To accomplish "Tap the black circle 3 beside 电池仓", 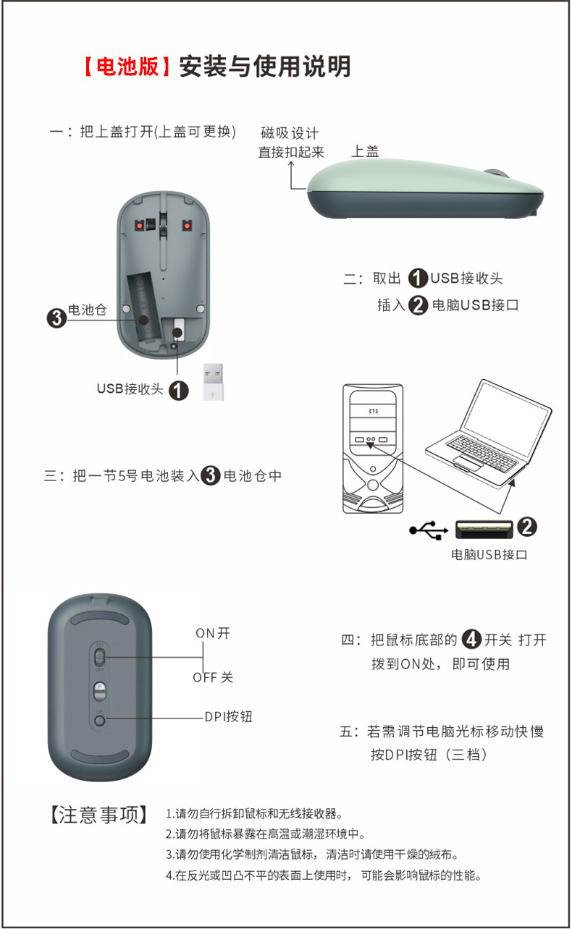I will click(x=56, y=318).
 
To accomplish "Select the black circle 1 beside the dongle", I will click(x=178, y=391).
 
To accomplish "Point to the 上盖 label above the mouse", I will click(x=365, y=151).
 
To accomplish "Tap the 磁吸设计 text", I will click(x=290, y=133).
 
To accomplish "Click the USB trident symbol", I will click(x=428, y=530).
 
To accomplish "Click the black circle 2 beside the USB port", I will click(x=527, y=527).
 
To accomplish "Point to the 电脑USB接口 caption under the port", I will click(x=489, y=555).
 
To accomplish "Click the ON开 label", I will click(x=213, y=633).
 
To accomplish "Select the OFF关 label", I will click(x=213, y=677).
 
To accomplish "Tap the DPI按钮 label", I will click(x=228, y=717).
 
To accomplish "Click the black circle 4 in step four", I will click(x=472, y=639).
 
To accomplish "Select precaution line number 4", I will click(x=323, y=875).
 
